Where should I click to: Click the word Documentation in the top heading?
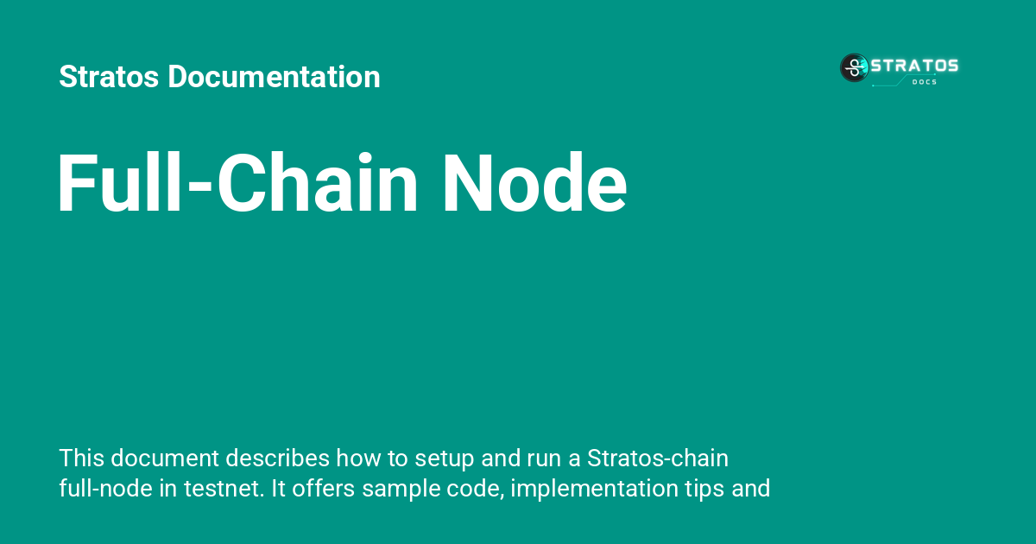click(274, 77)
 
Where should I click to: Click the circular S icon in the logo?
click(854, 67)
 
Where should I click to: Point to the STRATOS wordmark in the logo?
click(913, 66)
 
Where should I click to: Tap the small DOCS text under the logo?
click(924, 82)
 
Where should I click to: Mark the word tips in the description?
click(701, 490)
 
